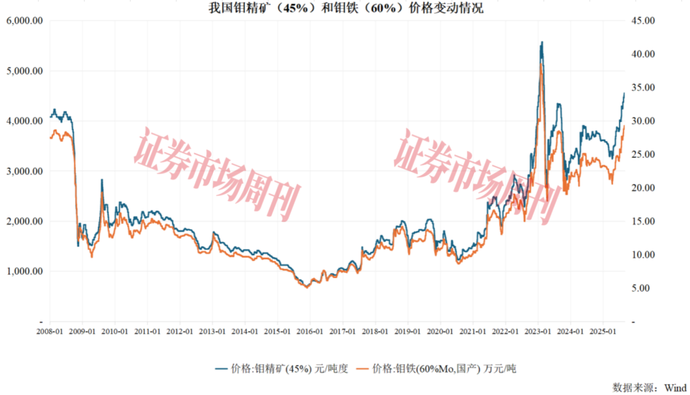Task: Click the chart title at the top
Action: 346,8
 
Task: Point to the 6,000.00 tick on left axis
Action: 24,20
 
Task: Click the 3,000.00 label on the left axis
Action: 24,171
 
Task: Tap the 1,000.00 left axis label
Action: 24,271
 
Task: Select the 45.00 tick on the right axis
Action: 641,20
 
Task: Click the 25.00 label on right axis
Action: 641,154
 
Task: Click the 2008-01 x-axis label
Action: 50,332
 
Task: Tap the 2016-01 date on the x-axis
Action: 310,332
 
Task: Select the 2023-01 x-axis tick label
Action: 538,332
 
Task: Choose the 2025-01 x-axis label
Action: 603,332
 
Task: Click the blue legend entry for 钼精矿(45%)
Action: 281,368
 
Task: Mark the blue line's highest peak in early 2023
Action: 542,42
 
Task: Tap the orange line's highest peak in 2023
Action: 542,64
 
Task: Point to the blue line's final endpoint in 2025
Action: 624,93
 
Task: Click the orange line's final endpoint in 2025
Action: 624,124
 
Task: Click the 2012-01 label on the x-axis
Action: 180,332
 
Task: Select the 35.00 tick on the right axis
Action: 641,87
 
